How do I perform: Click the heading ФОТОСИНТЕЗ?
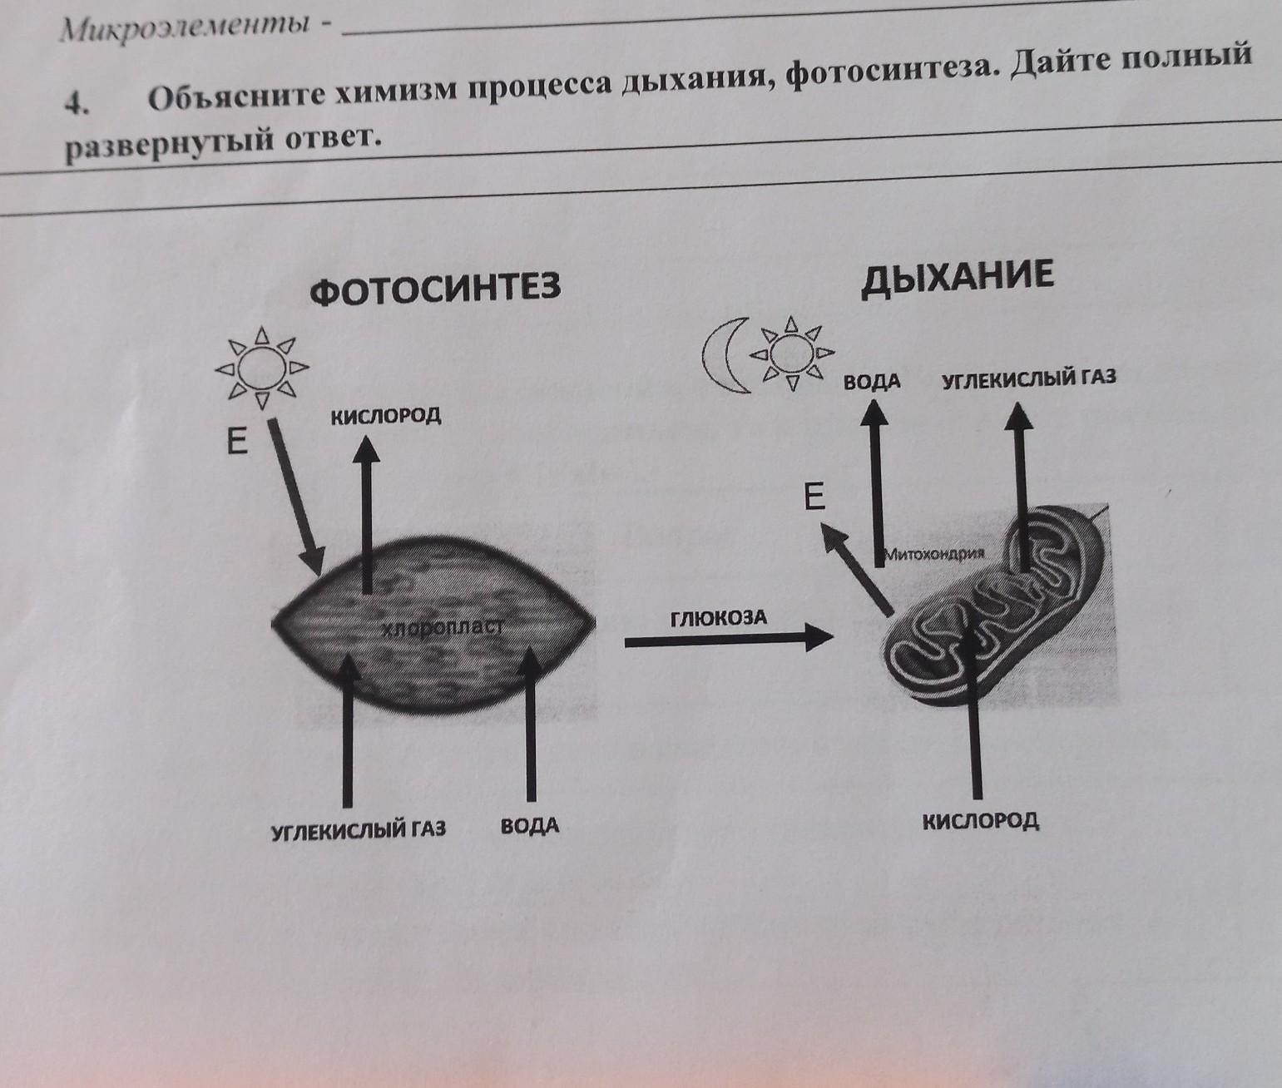tap(435, 289)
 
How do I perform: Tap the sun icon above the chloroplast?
tap(261, 366)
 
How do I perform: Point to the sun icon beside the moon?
tap(791, 354)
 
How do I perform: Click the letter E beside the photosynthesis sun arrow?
tap(238, 443)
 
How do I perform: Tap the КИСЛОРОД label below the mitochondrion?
tap(981, 821)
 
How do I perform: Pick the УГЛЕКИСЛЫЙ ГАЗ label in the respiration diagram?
tap(1028, 378)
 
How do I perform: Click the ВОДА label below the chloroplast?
tap(530, 827)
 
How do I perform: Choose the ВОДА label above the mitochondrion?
tap(872, 382)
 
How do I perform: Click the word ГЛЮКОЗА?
tap(718, 618)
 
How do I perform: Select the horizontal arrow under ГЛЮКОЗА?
tap(728, 639)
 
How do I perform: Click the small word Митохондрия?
tap(935, 553)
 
